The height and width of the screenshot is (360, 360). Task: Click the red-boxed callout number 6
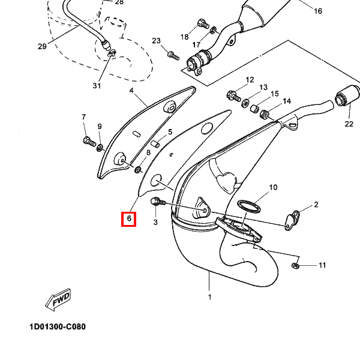tap(129, 219)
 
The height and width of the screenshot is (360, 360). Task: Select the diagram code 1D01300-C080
tap(57, 328)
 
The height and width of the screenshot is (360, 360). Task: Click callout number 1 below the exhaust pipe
tap(209, 297)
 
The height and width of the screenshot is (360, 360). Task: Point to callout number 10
tap(273, 188)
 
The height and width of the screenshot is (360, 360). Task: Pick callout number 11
tap(322, 265)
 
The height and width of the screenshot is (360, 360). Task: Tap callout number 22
tap(349, 124)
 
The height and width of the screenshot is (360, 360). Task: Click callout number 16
tap(318, 11)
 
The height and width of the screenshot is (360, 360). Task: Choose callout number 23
tap(157, 41)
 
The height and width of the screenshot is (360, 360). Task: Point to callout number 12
tap(250, 80)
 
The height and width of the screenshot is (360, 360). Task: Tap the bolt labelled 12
tap(233, 95)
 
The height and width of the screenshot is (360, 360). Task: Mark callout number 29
tap(41, 46)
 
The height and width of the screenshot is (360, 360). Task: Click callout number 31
tap(97, 86)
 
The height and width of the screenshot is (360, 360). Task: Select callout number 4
tap(131, 91)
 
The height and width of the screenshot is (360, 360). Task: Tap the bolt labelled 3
tap(157, 202)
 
